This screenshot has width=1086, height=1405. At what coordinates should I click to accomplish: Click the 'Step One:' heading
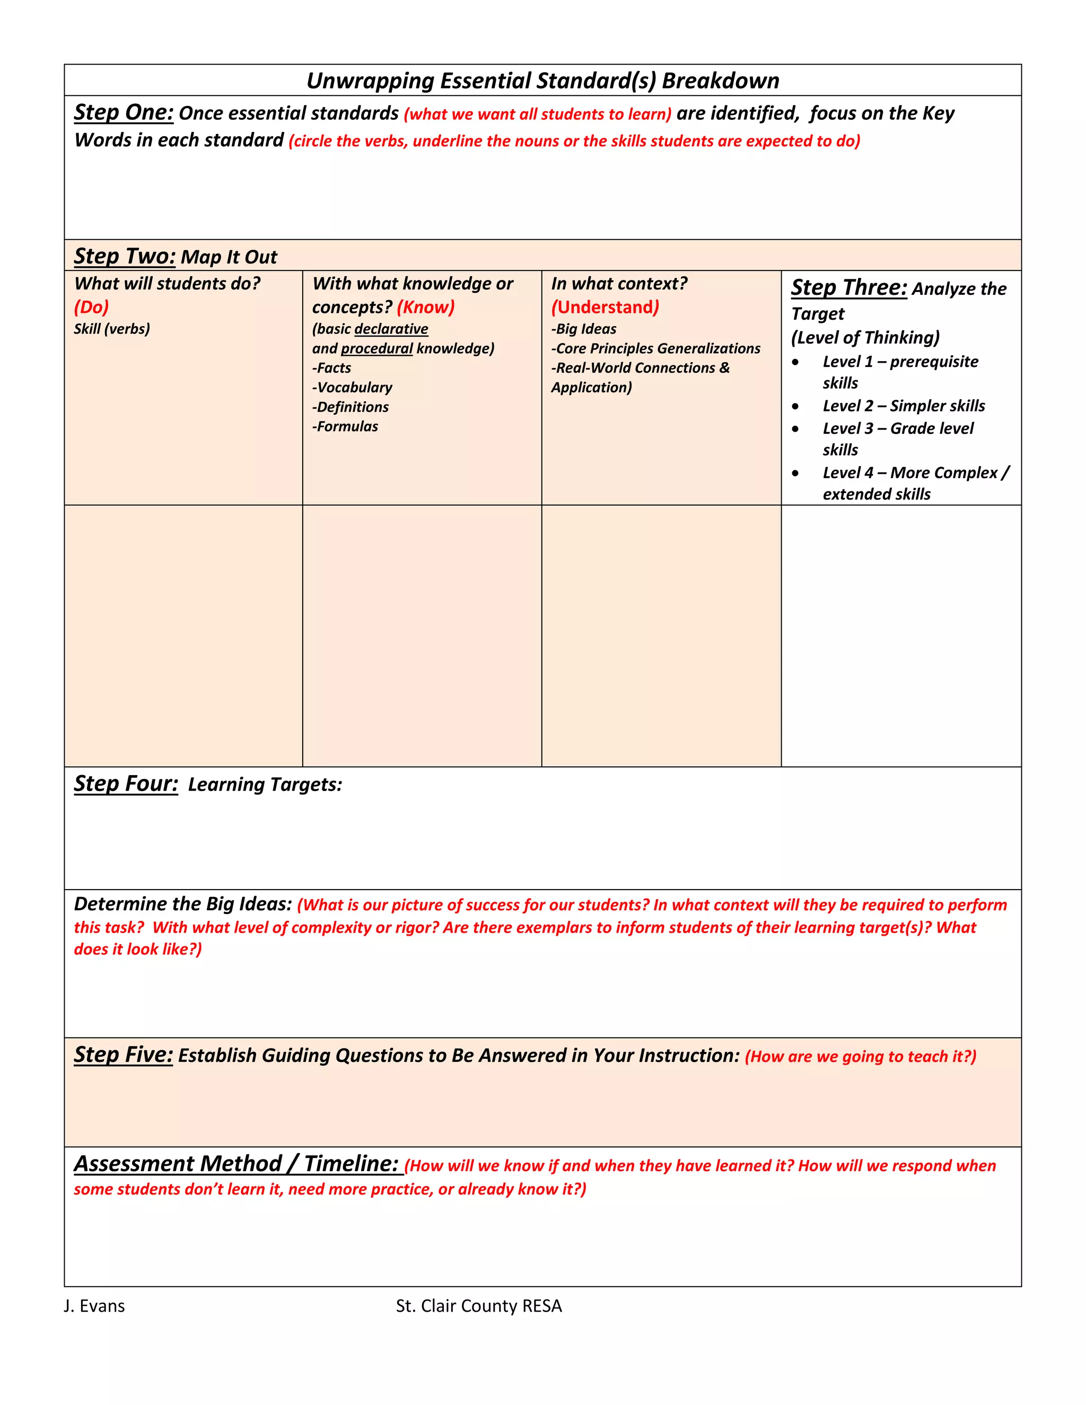124,112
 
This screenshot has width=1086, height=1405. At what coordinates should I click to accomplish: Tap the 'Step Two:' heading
125,256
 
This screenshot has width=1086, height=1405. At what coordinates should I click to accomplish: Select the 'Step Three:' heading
848,287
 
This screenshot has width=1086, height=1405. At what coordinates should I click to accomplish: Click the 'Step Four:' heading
126,784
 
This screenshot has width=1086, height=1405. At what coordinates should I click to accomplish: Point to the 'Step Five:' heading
124,1055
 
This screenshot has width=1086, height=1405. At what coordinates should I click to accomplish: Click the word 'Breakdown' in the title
720,81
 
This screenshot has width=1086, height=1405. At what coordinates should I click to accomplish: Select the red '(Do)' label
91,307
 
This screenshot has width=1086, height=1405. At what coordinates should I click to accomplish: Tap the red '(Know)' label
425,307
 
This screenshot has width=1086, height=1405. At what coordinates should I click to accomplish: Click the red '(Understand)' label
605,307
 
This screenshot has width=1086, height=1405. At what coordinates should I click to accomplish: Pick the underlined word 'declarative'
391,329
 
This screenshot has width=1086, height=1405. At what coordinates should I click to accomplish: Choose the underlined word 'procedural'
376,349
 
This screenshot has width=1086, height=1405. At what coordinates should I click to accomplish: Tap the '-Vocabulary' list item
352,387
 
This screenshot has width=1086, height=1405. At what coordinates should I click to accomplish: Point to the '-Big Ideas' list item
583,329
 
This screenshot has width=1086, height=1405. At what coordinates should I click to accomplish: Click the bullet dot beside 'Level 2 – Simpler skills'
796,407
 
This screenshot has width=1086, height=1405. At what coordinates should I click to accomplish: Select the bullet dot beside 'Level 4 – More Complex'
796,473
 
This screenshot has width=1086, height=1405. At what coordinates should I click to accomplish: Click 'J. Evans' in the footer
94,1305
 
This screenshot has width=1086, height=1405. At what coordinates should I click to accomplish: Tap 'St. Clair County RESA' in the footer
479,1305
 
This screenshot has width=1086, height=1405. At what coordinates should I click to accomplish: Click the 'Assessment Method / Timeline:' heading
237,1164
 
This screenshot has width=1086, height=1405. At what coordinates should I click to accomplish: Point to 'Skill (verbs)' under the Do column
112,329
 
